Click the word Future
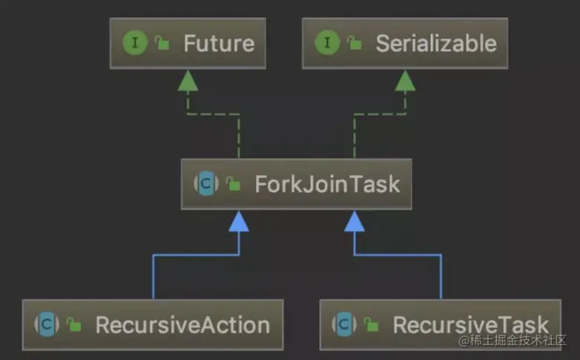click(x=219, y=43)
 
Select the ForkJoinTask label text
click(x=327, y=183)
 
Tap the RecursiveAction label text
click(x=182, y=324)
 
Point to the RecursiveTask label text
click(x=471, y=324)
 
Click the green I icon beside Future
click(x=135, y=43)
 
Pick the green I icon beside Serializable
click(x=327, y=43)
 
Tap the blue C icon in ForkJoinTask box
click(x=206, y=183)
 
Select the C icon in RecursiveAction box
click(x=47, y=324)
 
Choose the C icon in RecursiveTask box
click(x=344, y=324)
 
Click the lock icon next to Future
click(x=162, y=44)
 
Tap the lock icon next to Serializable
click(x=354, y=44)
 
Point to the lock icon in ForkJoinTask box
click(x=233, y=184)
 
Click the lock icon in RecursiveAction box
click(x=73, y=325)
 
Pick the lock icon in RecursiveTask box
click(x=371, y=325)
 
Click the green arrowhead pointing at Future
click(x=188, y=81)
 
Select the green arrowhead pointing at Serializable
click(x=405, y=81)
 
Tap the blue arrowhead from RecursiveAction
click(x=238, y=221)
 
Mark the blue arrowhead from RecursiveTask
click(x=355, y=221)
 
